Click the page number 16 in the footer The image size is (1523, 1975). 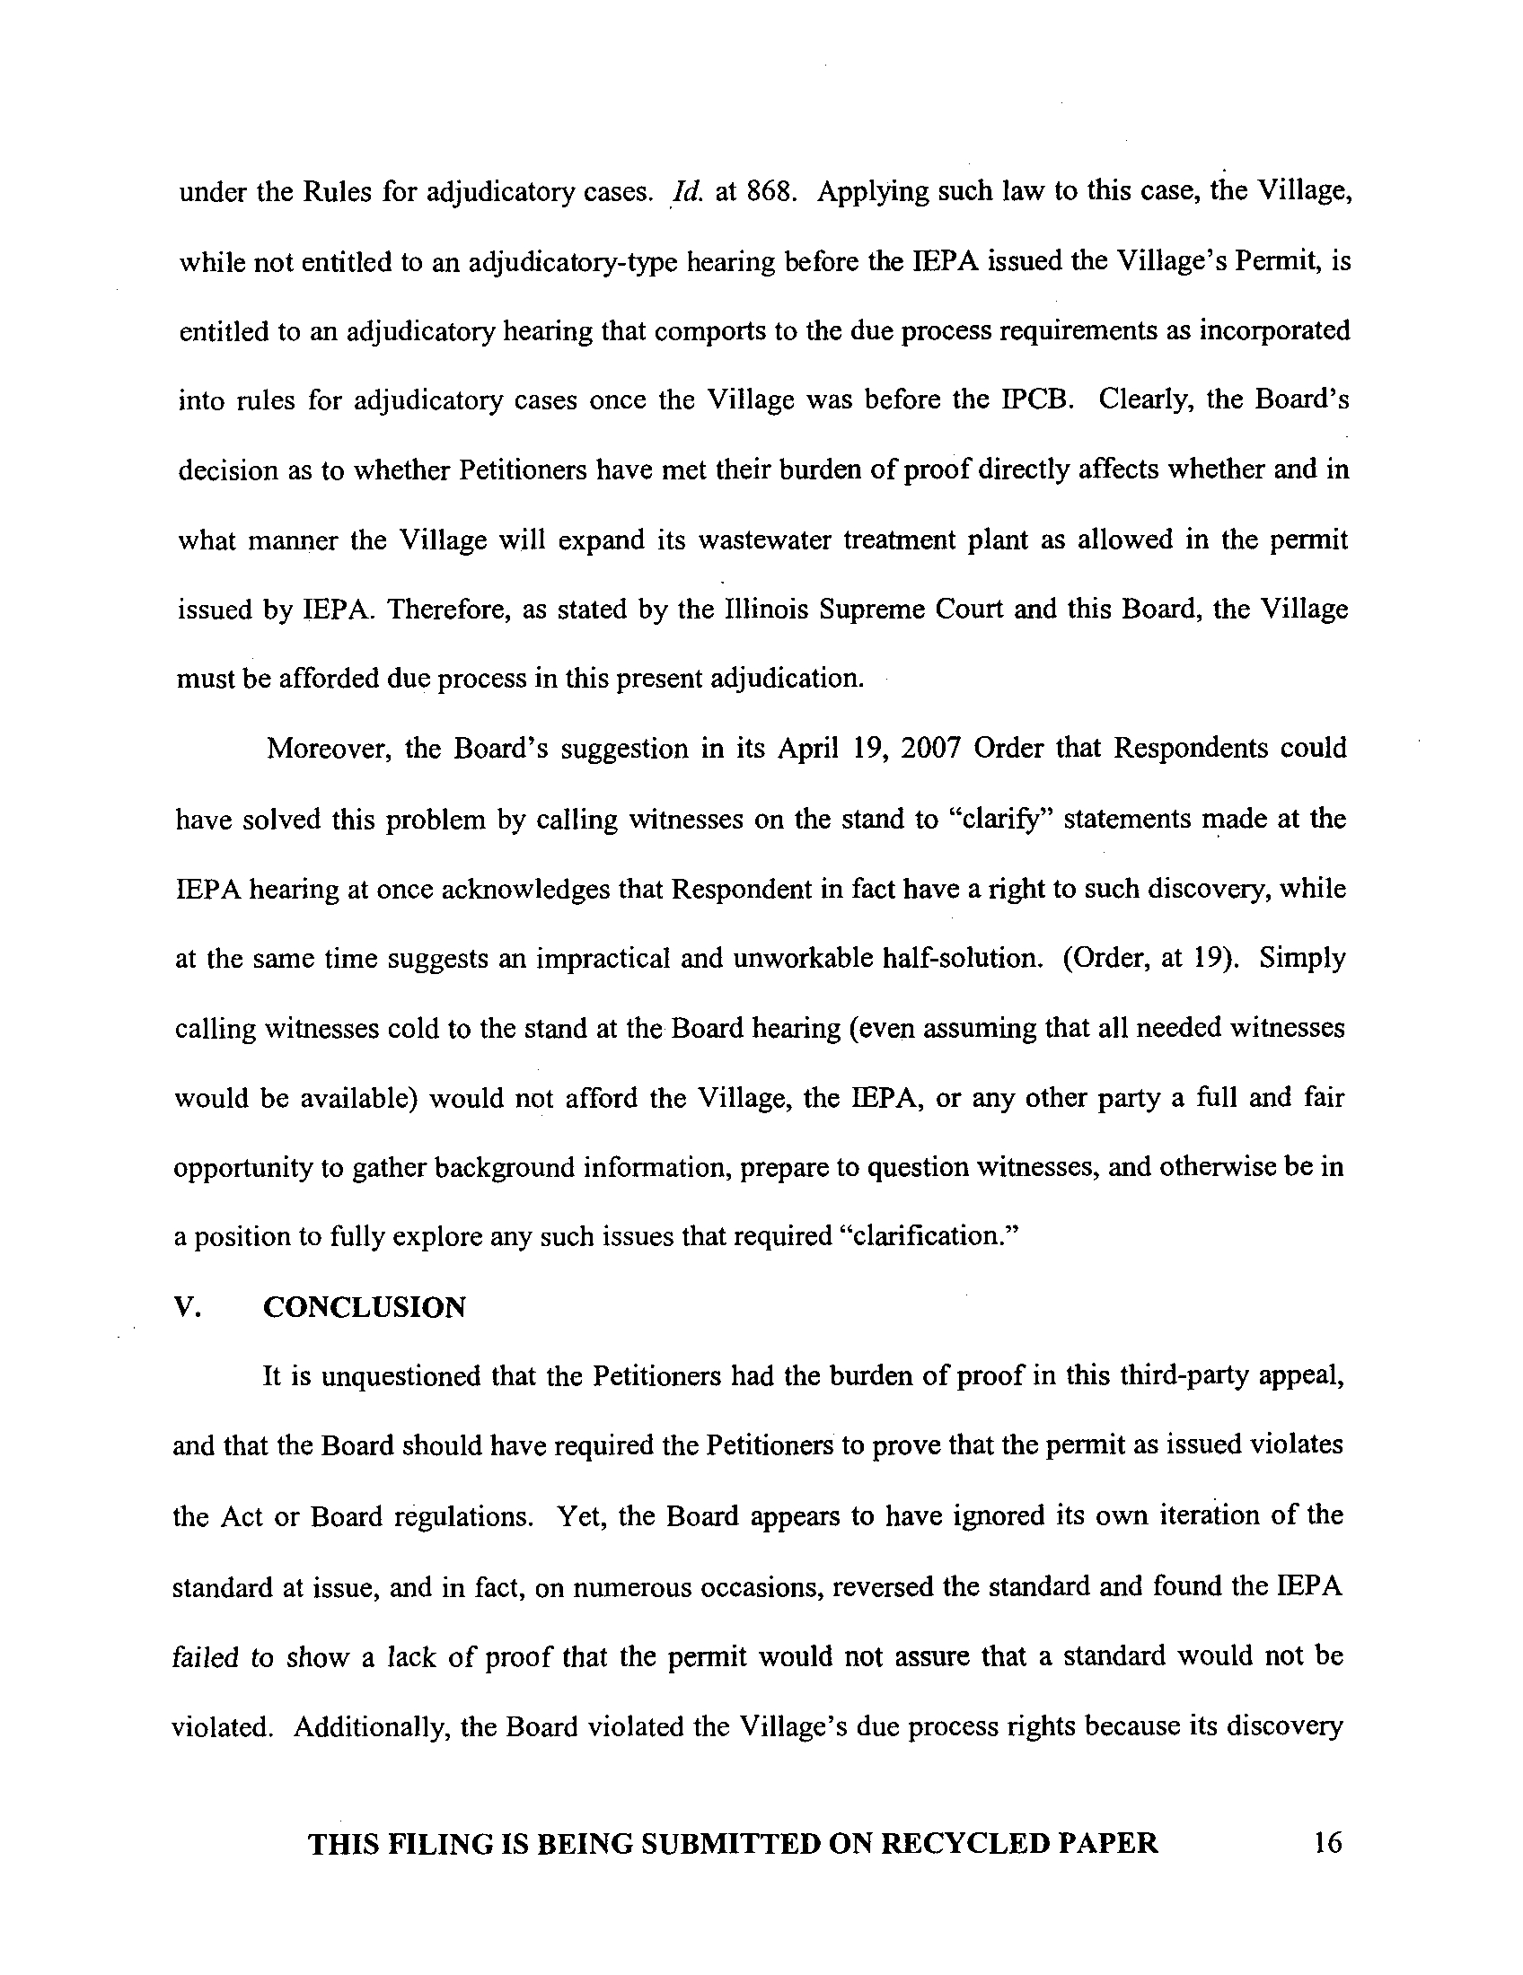(1327, 1842)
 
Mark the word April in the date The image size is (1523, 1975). (807, 749)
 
